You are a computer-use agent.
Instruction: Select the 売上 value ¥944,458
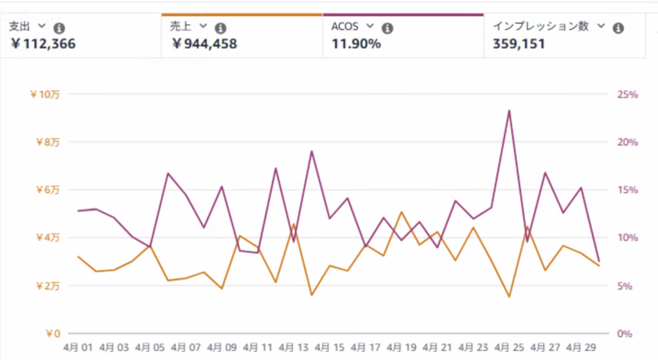point(204,44)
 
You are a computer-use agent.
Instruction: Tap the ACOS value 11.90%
point(356,44)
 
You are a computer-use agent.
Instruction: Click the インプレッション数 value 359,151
point(519,44)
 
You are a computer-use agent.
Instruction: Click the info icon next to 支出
point(59,28)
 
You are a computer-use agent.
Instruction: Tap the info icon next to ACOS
point(387,28)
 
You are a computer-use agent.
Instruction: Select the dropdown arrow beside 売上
point(203,26)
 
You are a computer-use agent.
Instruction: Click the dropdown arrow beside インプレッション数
point(601,26)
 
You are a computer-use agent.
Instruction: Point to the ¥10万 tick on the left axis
point(45,94)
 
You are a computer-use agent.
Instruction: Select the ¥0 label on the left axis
point(53,333)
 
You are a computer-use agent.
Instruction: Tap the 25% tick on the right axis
point(627,94)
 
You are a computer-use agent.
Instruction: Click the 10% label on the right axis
point(627,238)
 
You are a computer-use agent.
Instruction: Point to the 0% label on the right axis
point(625,333)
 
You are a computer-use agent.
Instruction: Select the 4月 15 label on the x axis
point(330,348)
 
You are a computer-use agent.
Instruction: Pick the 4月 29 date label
point(582,348)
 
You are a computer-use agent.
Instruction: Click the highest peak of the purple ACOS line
point(509,111)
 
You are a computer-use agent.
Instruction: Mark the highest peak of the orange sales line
point(401,212)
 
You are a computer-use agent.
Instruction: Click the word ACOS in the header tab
point(345,26)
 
